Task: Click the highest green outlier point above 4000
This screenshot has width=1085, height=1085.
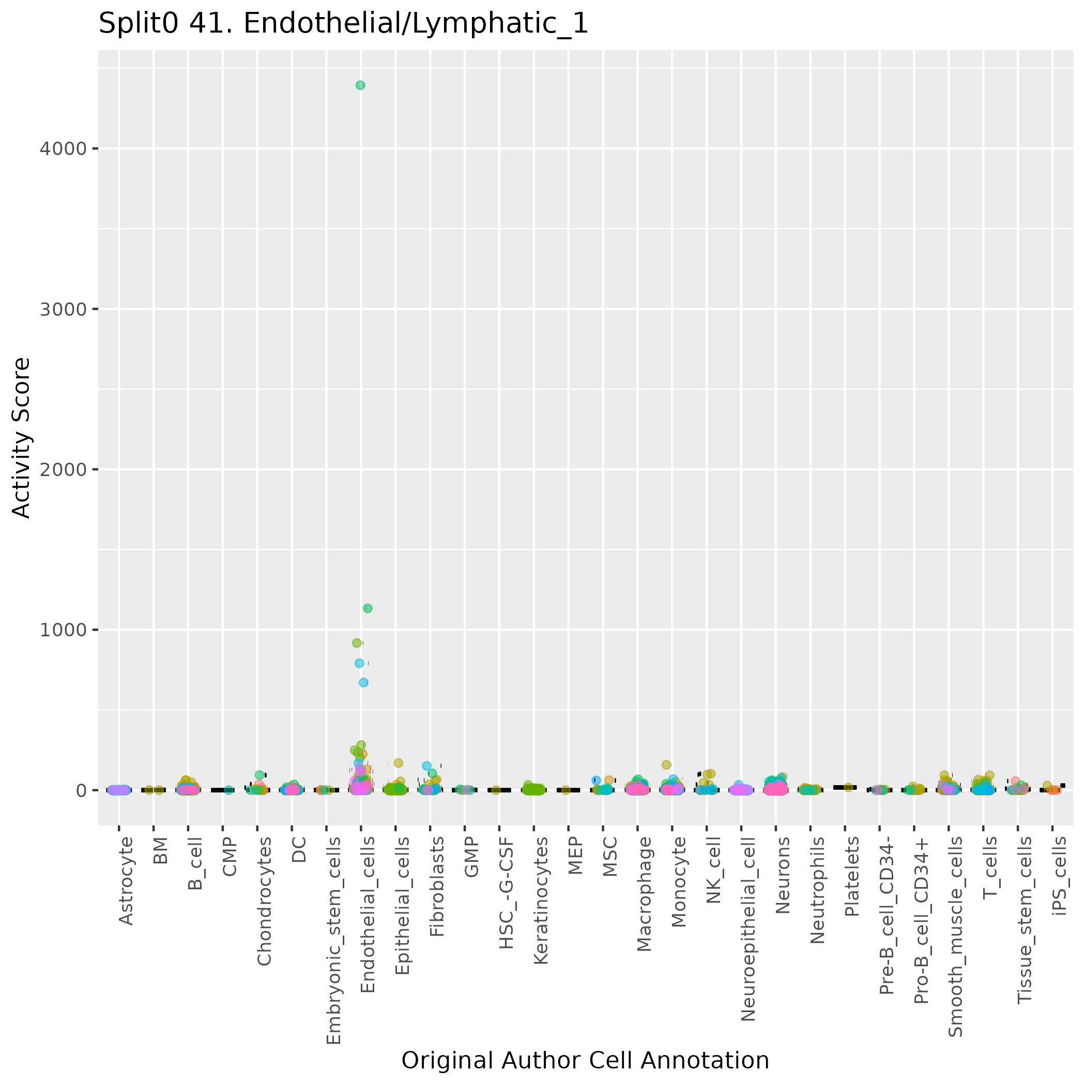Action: pos(360,85)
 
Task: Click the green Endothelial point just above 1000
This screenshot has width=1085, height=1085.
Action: pos(368,608)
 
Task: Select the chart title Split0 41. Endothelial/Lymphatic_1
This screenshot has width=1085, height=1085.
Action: pos(343,24)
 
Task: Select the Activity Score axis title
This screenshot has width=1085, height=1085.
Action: pos(21,438)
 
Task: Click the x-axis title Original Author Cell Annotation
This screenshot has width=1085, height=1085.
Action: pos(585,1061)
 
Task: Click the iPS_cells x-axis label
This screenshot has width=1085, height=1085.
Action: pos(1060,876)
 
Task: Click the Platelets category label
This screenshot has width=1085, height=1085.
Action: pos(852,877)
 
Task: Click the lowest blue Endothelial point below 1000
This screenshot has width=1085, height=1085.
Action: pos(363,682)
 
